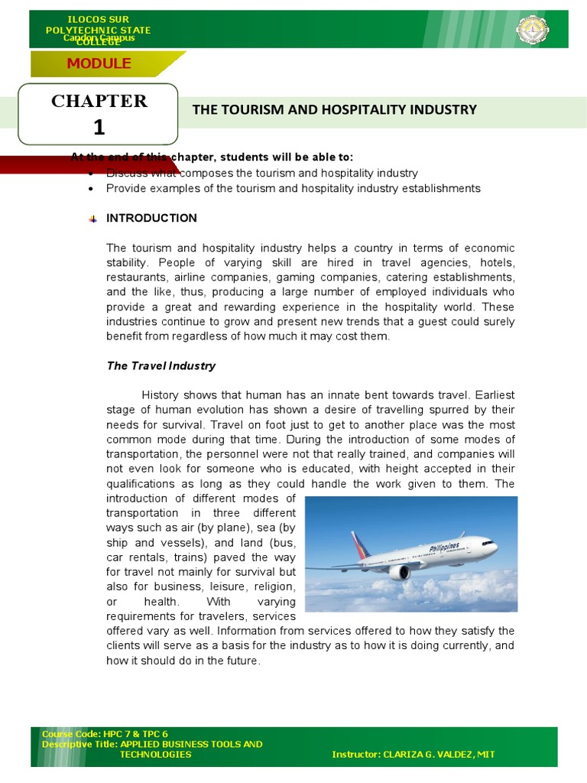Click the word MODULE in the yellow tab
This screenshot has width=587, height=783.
(99, 63)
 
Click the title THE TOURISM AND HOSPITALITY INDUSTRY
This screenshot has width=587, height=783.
(334, 109)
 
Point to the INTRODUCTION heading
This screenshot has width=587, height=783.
(151, 218)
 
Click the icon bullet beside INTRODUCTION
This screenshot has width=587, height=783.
(92, 219)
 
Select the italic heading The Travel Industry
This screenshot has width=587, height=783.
(161, 366)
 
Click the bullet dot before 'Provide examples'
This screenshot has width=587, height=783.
(92, 188)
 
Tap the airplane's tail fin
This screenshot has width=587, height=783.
(358, 545)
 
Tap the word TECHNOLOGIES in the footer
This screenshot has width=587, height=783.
(156, 754)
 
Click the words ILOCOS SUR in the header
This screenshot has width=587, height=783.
(98, 18)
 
